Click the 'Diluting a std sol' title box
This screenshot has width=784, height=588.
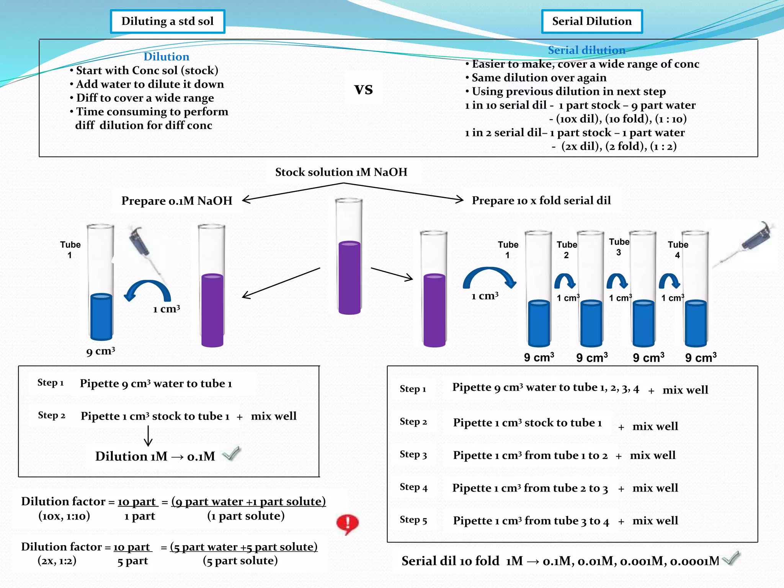tap(167, 21)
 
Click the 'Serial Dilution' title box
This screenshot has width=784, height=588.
tap(591, 21)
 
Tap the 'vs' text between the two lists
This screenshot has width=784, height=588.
tap(363, 89)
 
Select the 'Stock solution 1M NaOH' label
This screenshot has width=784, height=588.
tap(341, 172)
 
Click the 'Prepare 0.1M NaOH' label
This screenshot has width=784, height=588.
tap(177, 201)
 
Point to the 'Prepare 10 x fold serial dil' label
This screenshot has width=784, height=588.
tap(541, 200)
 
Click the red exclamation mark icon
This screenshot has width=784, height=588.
tap(347, 523)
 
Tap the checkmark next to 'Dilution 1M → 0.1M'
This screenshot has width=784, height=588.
tap(232, 454)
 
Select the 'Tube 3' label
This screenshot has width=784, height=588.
tap(619, 247)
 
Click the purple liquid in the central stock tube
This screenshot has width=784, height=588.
tap(350, 278)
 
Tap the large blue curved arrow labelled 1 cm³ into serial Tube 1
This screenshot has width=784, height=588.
tap(490, 278)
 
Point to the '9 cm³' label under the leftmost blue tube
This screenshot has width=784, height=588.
tap(100, 351)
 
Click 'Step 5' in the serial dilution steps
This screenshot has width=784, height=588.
tap(413, 520)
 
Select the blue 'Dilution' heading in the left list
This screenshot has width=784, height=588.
tap(166, 57)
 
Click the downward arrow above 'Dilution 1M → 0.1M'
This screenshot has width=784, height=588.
tap(148, 436)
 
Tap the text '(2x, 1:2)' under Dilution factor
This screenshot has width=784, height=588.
tap(57, 560)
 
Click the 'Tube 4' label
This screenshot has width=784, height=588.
tap(678, 250)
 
